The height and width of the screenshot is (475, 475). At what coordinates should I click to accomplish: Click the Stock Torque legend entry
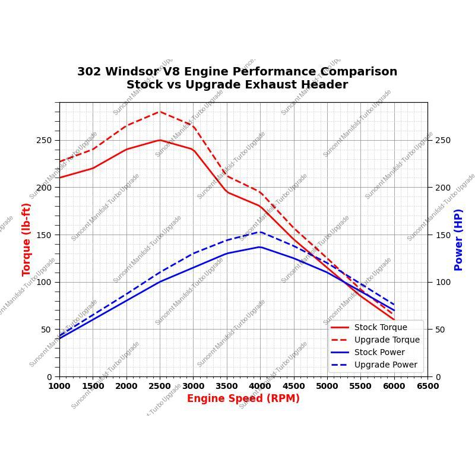click(381, 327)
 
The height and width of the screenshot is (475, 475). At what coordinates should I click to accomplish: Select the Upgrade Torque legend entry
click(387, 340)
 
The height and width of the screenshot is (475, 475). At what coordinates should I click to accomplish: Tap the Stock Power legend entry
click(379, 352)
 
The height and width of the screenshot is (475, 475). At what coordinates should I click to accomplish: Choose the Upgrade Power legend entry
click(385, 365)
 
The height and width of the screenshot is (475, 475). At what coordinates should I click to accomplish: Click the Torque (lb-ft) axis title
click(27, 239)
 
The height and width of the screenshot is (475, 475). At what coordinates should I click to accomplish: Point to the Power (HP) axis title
click(458, 239)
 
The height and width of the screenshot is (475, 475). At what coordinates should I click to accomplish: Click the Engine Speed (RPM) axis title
click(243, 398)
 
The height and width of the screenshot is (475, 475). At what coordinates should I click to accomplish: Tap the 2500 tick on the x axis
click(160, 386)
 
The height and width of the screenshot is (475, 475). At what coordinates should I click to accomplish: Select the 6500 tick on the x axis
click(427, 386)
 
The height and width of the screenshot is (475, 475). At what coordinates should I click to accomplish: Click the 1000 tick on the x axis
click(59, 386)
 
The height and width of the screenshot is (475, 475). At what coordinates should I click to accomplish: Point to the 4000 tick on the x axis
click(260, 386)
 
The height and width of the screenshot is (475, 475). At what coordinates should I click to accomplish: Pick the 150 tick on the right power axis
click(443, 235)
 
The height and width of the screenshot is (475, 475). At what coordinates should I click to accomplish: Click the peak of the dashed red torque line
click(160, 112)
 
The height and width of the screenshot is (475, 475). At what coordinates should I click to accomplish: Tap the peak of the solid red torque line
click(160, 140)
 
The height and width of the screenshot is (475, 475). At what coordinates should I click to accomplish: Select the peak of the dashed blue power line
click(260, 232)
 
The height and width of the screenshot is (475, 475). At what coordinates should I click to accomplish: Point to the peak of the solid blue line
click(260, 247)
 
